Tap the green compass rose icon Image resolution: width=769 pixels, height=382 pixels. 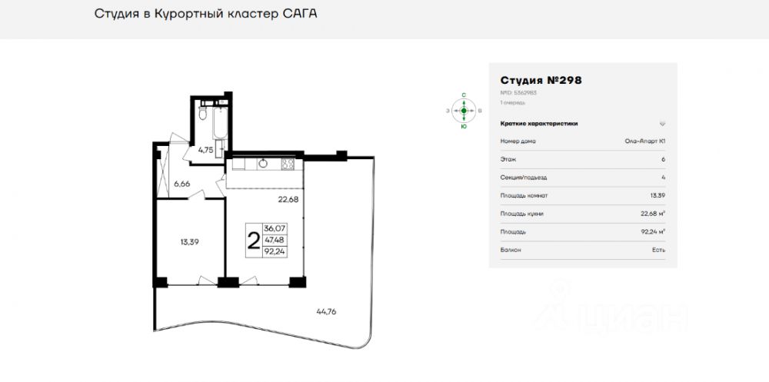tap(464, 111)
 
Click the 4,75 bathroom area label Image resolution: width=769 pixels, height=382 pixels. tap(205, 150)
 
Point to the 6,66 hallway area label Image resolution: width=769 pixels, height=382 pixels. tap(182, 184)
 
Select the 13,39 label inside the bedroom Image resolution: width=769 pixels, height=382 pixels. tap(189, 241)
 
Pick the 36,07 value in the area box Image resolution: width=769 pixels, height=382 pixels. tap(274, 229)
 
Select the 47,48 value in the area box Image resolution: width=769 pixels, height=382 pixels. tap(274, 240)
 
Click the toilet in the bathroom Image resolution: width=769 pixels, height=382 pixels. tap(201, 113)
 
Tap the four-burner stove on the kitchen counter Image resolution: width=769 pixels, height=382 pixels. tap(289, 163)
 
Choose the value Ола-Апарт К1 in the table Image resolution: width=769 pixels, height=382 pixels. tap(644, 141)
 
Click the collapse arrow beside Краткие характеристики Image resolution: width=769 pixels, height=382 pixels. tap(662, 123)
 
